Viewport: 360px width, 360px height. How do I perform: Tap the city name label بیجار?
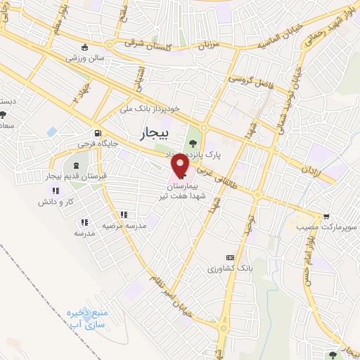146,131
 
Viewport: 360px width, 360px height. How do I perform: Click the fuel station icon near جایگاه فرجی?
96,133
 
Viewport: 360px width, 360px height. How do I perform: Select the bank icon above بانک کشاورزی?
229,258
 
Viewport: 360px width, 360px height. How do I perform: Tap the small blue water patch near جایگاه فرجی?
51,131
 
